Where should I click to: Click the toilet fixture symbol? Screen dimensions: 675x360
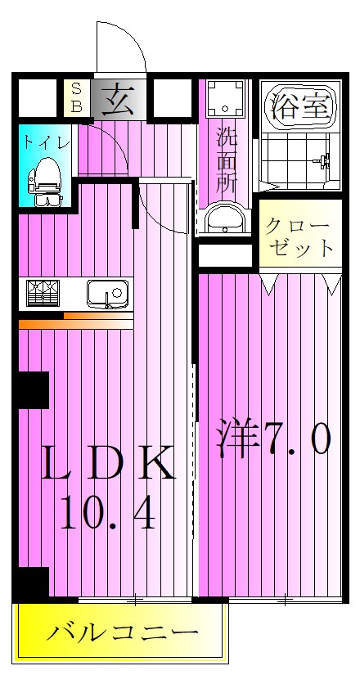(x=44, y=181)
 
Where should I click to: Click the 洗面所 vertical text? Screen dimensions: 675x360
(x=227, y=160)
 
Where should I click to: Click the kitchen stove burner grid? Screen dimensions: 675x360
(x=43, y=293)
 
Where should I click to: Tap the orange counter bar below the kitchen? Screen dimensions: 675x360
(x=75, y=324)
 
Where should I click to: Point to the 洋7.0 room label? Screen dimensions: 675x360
(x=274, y=439)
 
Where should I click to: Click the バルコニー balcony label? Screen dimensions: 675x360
(x=121, y=633)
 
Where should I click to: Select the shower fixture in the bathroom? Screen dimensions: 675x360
(x=324, y=161)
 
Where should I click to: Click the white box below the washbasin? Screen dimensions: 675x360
(x=226, y=255)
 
